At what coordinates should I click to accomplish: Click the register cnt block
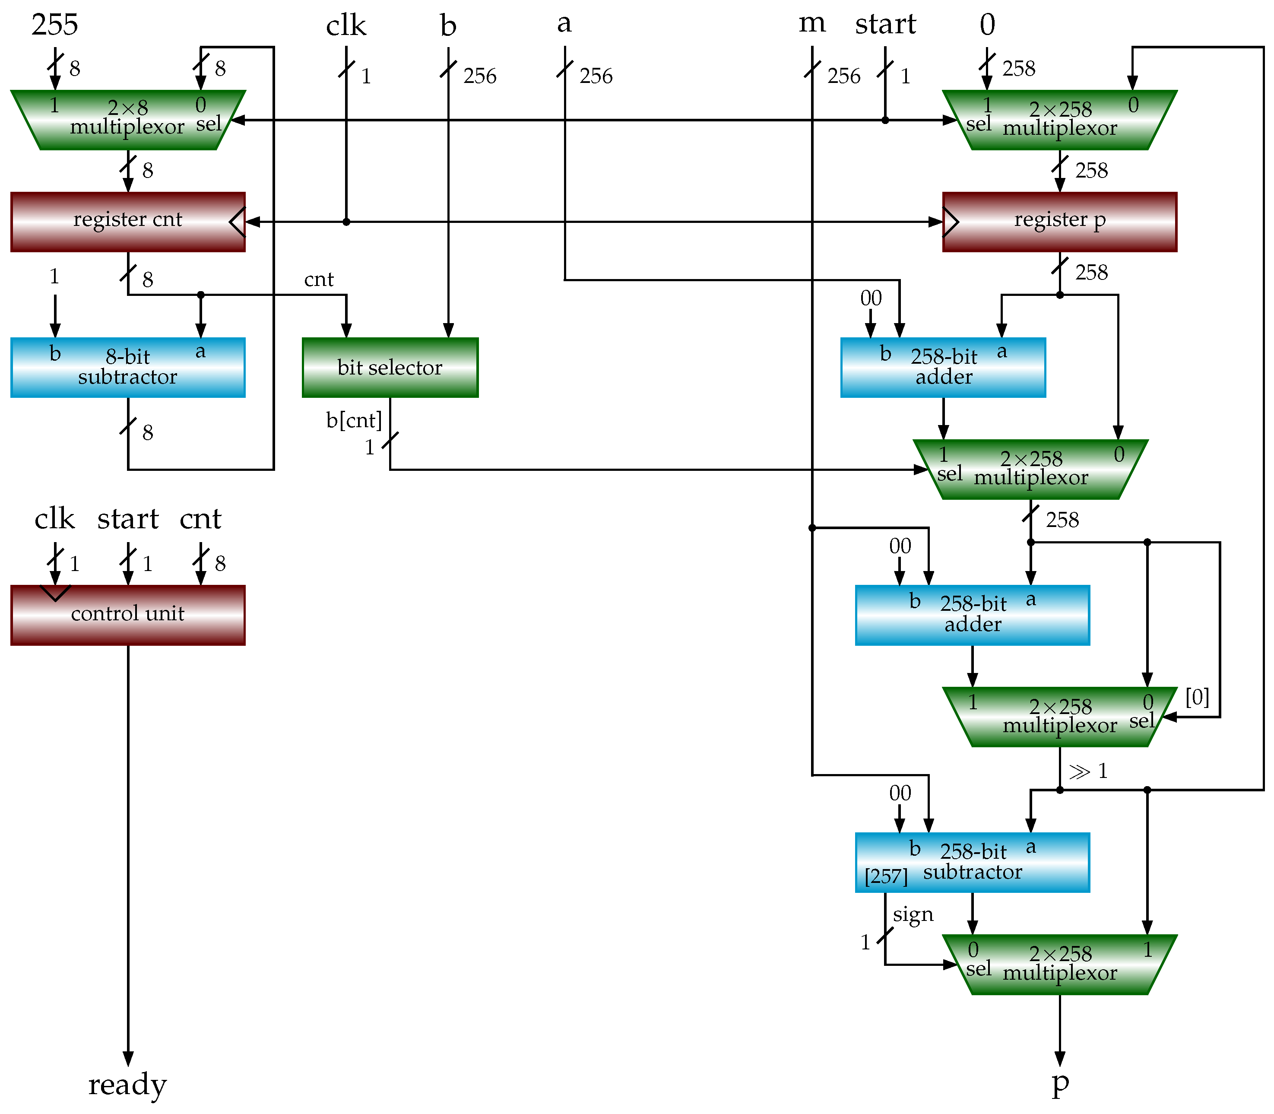(127, 221)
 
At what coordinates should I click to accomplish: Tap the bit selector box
(390, 368)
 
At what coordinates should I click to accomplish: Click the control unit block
(127, 614)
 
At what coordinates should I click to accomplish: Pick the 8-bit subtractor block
(127, 368)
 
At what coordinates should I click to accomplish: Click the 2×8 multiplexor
(127, 120)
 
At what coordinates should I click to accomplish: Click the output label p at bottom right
(1060, 1083)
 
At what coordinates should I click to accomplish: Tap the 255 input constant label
(55, 25)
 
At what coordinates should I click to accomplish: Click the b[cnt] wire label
(354, 421)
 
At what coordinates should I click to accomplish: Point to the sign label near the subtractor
(913, 914)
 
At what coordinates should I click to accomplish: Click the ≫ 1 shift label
(1087, 771)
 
